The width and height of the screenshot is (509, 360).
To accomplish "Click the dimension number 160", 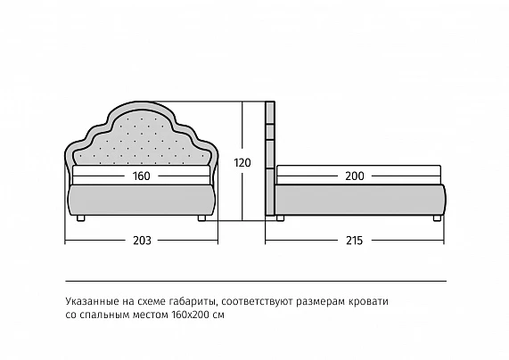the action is click(x=141, y=176).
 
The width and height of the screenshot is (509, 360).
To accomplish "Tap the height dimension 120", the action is click(x=242, y=163).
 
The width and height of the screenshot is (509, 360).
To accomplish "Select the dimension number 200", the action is click(x=355, y=176).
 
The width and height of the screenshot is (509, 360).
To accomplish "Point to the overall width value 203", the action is click(x=142, y=241).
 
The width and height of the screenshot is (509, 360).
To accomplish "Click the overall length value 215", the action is click(x=354, y=241).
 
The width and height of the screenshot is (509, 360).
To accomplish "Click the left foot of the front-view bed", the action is click(x=81, y=217).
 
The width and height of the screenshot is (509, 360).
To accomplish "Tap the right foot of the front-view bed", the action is click(x=201, y=217).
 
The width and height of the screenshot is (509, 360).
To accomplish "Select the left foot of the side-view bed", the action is click(x=280, y=217).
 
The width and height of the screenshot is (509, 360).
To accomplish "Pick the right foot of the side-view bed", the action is click(x=437, y=217).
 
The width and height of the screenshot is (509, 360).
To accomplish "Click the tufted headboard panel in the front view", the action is click(x=142, y=140).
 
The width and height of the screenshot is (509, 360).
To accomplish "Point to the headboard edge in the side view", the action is click(x=270, y=158).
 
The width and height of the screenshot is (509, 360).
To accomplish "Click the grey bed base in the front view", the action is click(x=142, y=200).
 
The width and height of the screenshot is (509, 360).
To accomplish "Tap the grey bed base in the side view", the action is click(x=360, y=200).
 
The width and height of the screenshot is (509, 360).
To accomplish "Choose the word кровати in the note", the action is click(x=368, y=301).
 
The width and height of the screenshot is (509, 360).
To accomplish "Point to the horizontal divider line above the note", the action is click(x=256, y=281).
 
